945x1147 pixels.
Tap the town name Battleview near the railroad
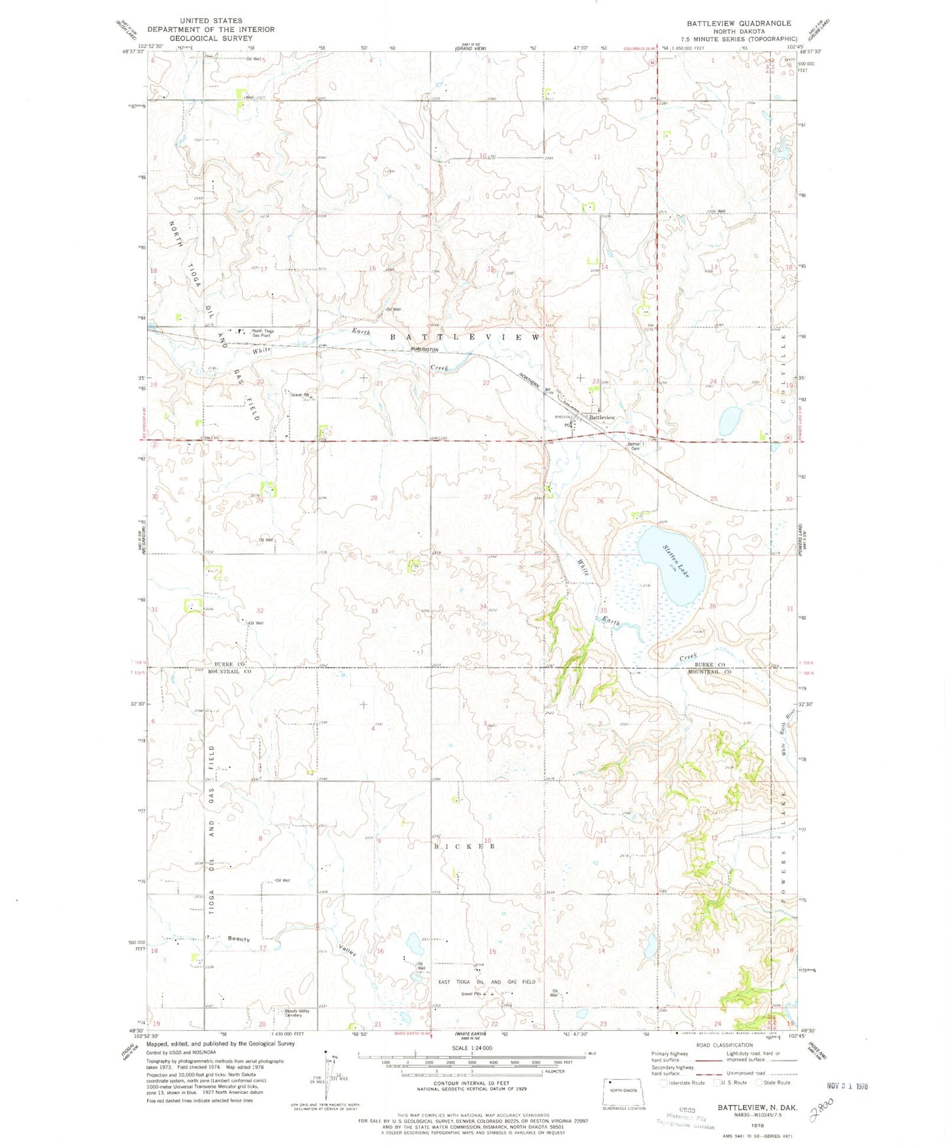click(x=602, y=417)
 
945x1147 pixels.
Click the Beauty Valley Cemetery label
click(x=297, y=1013)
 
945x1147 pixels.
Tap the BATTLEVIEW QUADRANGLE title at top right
click(x=738, y=23)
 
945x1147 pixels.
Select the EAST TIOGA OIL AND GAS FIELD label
click(x=487, y=982)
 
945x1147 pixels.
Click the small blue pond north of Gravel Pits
click(x=413, y=944)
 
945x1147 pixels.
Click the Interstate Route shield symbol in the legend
click(x=664, y=1083)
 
